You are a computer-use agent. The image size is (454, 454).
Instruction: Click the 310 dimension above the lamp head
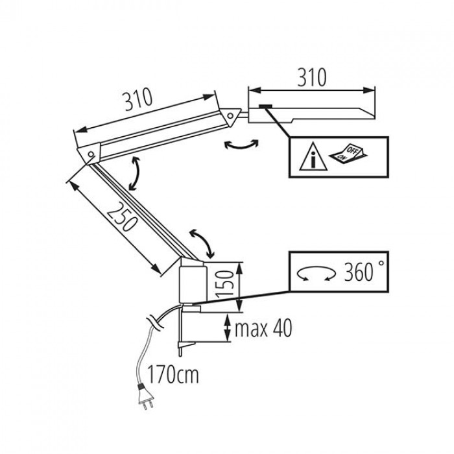[311, 77]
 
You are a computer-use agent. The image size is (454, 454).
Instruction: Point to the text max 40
[263, 328]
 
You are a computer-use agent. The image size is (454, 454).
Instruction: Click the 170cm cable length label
[173, 374]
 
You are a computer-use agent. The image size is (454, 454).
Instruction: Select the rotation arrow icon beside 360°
[317, 275]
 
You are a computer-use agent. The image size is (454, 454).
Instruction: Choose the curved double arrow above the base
[202, 244]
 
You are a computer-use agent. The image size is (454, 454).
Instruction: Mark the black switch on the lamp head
[266, 107]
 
